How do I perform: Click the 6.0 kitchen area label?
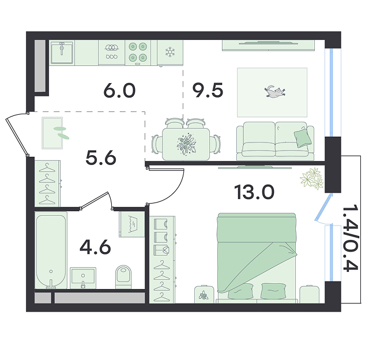[119, 91]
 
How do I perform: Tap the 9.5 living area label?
[208, 91]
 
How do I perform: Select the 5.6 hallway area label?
[101, 157]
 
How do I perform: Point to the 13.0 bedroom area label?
[254, 192]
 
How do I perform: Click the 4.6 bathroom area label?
[95, 247]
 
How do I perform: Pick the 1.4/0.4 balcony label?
[351, 238]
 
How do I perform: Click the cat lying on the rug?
[274, 91]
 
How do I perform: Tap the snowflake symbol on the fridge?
[170, 52]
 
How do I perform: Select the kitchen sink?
[62, 52]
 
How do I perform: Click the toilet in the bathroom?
[123, 277]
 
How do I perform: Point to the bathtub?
[51, 250]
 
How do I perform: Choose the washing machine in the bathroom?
[132, 224]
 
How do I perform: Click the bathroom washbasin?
[83, 278]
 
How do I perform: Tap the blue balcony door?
[323, 207]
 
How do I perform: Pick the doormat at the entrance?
[52, 133]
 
